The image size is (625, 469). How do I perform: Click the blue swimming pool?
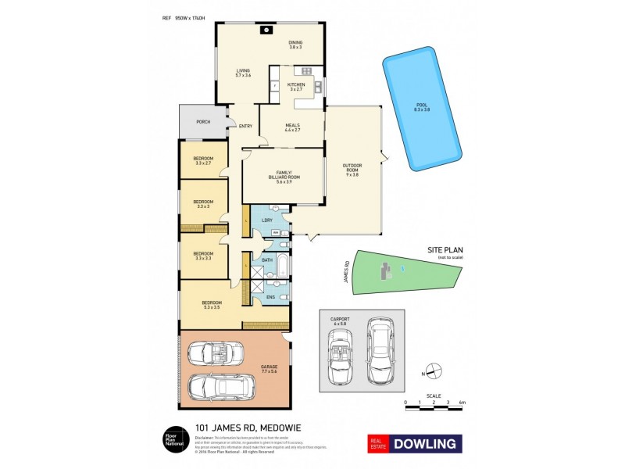click(x=422, y=112)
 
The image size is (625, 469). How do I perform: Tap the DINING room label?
click(x=295, y=42)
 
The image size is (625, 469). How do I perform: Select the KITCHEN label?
click(x=296, y=84)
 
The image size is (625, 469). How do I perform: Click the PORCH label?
click(x=203, y=122)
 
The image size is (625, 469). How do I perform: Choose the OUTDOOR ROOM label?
click(x=353, y=167)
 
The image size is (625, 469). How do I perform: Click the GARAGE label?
click(x=270, y=367)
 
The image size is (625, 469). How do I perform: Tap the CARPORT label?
click(x=339, y=319)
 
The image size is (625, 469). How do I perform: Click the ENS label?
click(x=270, y=297)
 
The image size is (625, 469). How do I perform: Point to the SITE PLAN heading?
click(x=441, y=249)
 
